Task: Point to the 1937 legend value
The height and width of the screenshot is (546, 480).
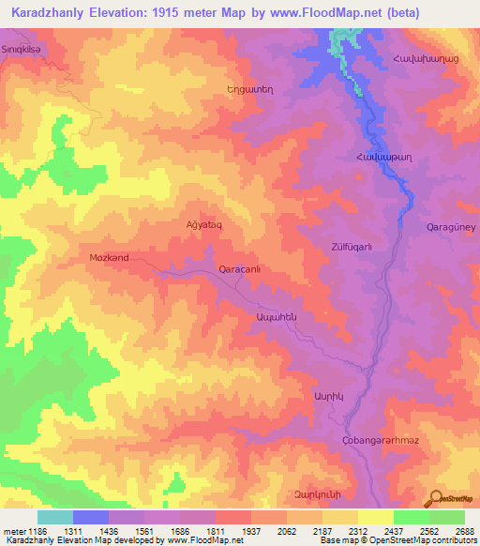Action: coord(251,531)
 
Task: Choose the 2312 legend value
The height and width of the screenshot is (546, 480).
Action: coord(358,531)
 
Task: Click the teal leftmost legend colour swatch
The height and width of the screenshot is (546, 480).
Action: coord(55,517)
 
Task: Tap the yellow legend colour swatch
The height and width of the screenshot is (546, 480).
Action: coord(375,517)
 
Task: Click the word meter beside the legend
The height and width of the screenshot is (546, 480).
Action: coord(14,531)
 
